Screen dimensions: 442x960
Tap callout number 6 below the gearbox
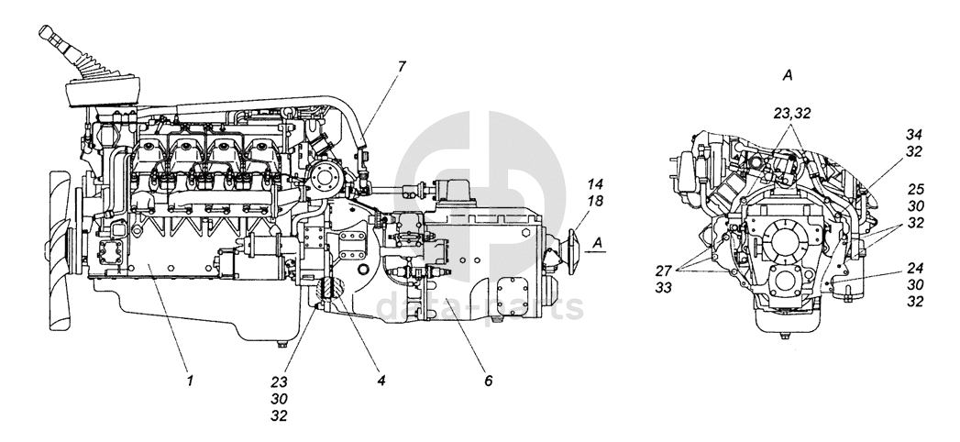click(x=488, y=378)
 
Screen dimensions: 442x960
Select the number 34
click(x=914, y=134)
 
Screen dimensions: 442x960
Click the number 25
click(x=914, y=190)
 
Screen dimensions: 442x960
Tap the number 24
click(x=914, y=268)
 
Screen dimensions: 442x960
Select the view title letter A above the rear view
click(x=788, y=72)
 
